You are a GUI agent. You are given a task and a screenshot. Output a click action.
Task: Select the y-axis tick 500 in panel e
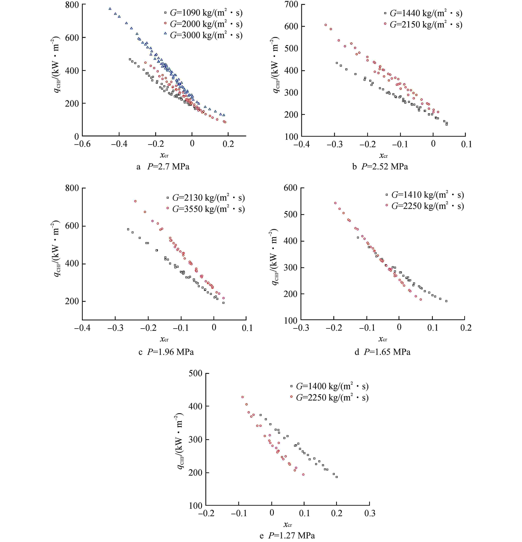pyautogui.click(x=195, y=373)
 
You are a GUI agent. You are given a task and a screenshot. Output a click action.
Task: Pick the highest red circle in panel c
pyautogui.click(x=135, y=201)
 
